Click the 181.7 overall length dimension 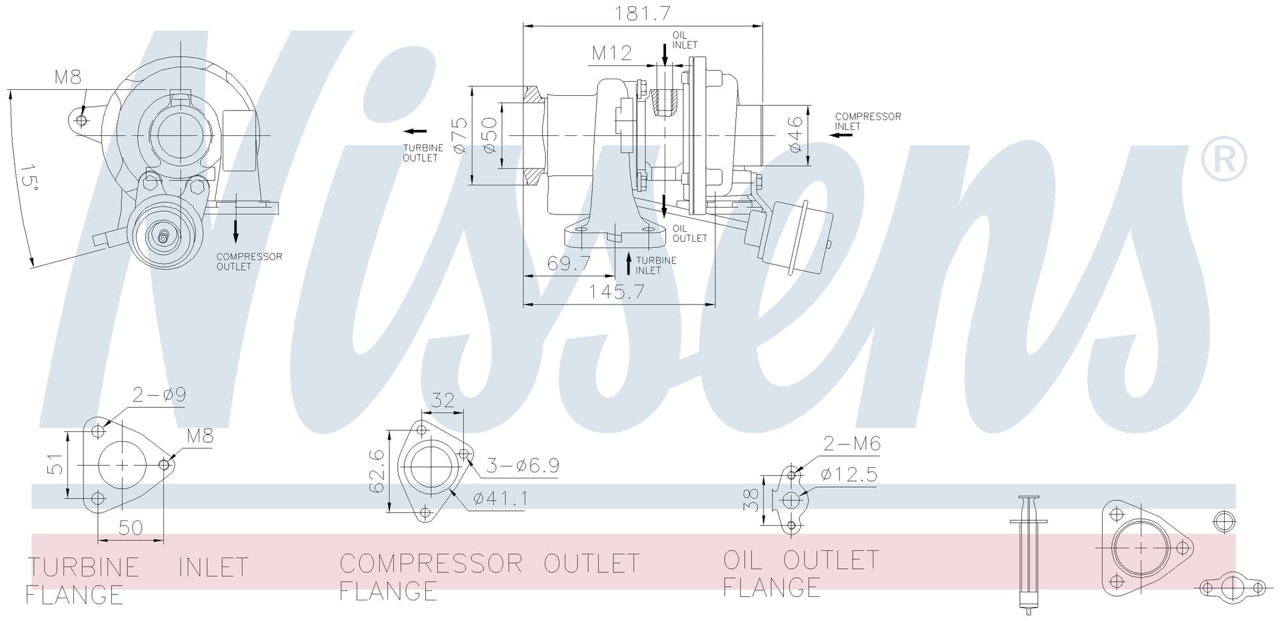coord(643,13)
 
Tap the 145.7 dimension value coord(617,292)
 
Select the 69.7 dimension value coord(569,263)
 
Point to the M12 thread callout coord(612,53)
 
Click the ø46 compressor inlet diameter coord(795,135)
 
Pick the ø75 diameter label coord(460,136)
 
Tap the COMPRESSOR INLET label coord(868,121)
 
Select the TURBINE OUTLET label coord(423,153)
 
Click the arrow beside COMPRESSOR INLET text coord(841,135)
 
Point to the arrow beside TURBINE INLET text coord(628,264)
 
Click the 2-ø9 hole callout coord(159,394)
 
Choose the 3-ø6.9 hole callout coord(522,465)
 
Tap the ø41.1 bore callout coord(500,498)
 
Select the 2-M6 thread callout coord(852,443)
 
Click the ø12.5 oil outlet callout coord(849,474)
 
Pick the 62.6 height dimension coord(377,471)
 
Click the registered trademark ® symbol coord(1223,159)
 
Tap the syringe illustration coord(1029,554)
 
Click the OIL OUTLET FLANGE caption coord(801,574)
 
